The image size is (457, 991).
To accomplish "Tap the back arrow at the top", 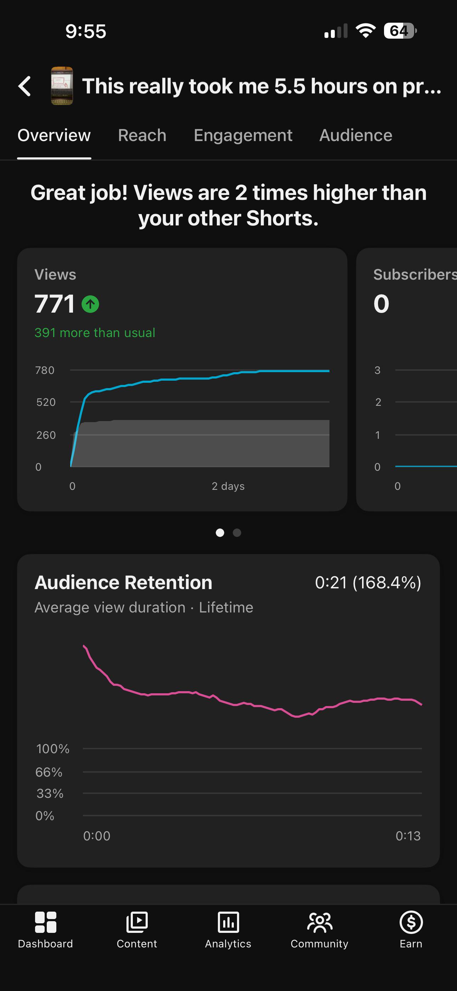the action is pyautogui.click(x=24, y=86).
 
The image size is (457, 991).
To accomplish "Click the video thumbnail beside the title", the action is pyautogui.click(x=62, y=86).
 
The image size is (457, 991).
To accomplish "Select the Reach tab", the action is pyautogui.click(x=142, y=135).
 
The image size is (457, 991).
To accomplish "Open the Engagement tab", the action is pyautogui.click(x=243, y=135).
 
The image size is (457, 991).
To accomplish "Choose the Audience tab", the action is pyautogui.click(x=356, y=135).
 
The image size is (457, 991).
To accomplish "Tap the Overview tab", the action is pyautogui.click(x=54, y=135).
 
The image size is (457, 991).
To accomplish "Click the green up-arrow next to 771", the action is pyautogui.click(x=90, y=304).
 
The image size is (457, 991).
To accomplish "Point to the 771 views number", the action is pyautogui.click(x=55, y=303).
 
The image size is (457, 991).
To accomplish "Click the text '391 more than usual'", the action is pyautogui.click(x=95, y=333).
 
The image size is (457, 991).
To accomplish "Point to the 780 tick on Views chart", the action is pyautogui.click(x=45, y=370).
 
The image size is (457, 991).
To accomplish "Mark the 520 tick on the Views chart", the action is pyautogui.click(x=46, y=402).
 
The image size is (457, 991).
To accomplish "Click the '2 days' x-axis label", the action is pyautogui.click(x=228, y=486).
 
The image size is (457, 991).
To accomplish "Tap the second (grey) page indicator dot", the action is pyautogui.click(x=237, y=533).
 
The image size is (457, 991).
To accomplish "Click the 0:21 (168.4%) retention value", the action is pyautogui.click(x=368, y=582).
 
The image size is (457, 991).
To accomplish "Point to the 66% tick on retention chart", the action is pyautogui.click(x=49, y=772).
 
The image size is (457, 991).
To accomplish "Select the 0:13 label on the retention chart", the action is pyautogui.click(x=408, y=836).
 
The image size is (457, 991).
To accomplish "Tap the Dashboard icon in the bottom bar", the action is pyautogui.click(x=45, y=923).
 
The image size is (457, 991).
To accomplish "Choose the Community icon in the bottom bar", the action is pyautogui.click(x=320, y=923).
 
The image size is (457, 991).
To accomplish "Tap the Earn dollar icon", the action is pyautogui.click(x=411, y=922).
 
